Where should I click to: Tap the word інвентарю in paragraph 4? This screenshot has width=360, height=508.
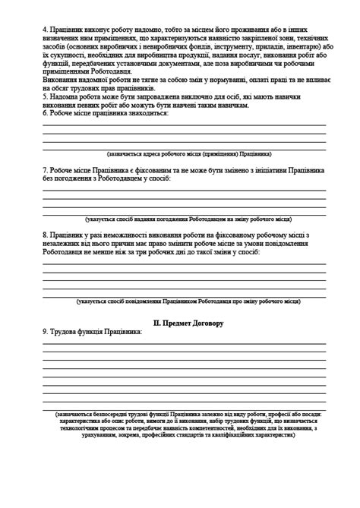click(x=292, y=46)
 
